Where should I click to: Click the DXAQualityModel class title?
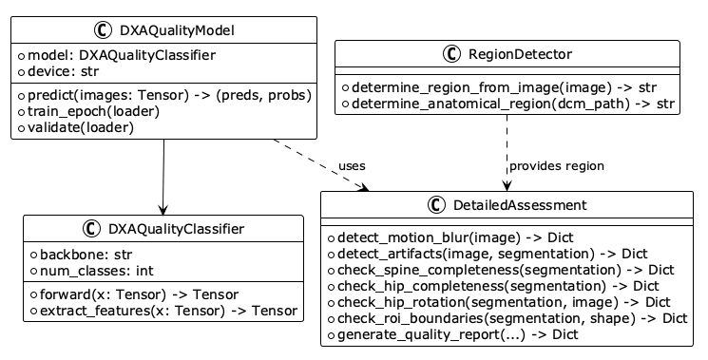(177, 30)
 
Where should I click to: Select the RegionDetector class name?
(520, 54)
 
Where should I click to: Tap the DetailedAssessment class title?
(520, 205)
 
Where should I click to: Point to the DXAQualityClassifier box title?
(176, 229)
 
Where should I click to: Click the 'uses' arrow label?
(352, 166)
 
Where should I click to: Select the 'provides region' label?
(557, 166)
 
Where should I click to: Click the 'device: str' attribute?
(64, 71)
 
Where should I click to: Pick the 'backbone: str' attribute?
(86, 255)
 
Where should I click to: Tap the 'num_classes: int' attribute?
(97, 271)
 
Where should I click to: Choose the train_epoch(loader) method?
(93, 111)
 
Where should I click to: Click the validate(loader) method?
(81, 127)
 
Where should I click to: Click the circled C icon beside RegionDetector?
(451, 54)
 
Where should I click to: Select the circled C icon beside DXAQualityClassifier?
(91, 229)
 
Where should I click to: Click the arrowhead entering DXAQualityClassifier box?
(163, 210)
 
